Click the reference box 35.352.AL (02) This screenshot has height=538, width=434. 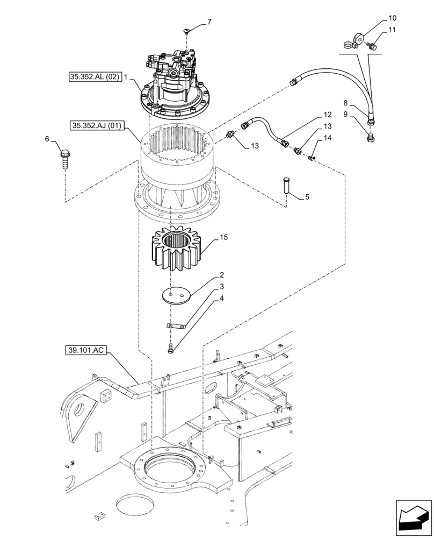pos(95,77)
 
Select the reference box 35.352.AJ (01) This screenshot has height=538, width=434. pos(97,126)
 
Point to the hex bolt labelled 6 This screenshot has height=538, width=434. pos(64,159)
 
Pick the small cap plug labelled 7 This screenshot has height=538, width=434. pos(186,33)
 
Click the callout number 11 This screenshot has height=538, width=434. pos(391,30)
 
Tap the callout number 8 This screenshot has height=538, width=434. pos(346,102)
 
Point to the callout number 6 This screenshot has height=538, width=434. pos(47,139)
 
